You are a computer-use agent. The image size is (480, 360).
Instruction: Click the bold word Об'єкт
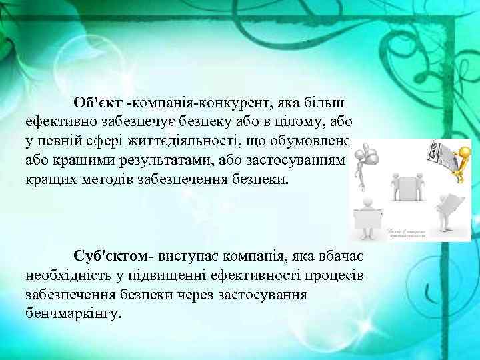(98, 104)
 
